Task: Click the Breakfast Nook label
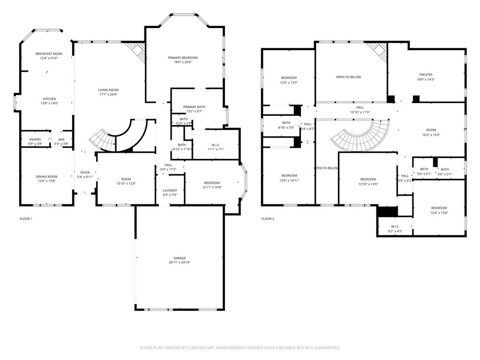pos(49,54)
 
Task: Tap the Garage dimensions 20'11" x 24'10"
pos(180,262)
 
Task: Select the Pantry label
pos(36,139)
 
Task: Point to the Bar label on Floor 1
pos(61,139)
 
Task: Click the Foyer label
pos(85,172)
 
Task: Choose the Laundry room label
pos(170,190)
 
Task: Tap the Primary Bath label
pos(194,107)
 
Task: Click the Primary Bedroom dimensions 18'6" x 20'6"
pos(183,63)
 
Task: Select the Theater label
pos(426,75)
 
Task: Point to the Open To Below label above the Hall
pos(348,77)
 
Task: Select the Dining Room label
pos(47,176)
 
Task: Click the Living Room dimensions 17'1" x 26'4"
pos(108,95)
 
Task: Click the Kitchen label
pos(50,99)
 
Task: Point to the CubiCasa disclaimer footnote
pos(240,348)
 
